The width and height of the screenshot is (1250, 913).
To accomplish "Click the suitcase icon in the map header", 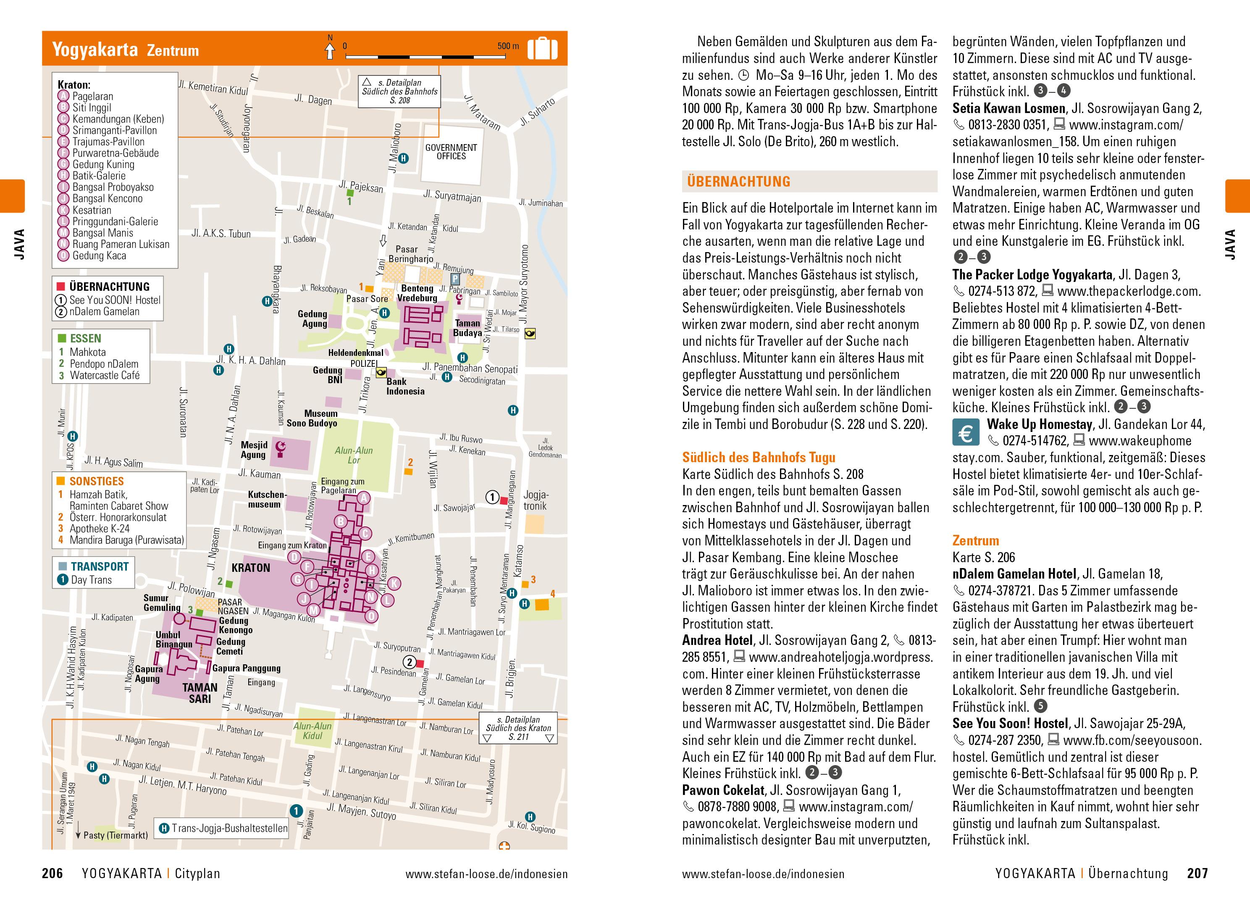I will click(542, 49).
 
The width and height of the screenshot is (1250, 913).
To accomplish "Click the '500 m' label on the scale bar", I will click(508, 46).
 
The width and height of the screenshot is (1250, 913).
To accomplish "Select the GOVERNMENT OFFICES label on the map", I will click(451, 152).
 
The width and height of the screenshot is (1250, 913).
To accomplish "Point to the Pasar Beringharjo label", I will click(410, 254).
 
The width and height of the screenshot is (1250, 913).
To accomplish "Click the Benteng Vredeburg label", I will click(417, 293).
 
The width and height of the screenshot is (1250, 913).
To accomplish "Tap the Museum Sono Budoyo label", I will click(312, 418).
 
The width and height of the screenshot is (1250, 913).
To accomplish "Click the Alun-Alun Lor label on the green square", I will click(354, 455).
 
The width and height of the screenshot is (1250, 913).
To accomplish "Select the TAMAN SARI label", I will click(200, 693).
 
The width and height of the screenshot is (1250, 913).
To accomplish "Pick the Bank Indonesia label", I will click(405, 386).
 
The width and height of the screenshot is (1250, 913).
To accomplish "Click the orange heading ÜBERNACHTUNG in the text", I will click(738, 181).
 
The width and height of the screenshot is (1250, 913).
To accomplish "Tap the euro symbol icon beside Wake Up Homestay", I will click(966, 433).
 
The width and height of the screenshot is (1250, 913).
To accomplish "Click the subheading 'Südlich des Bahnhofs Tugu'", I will click(759, 458).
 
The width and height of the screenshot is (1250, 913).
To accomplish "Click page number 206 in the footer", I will click(53, 873).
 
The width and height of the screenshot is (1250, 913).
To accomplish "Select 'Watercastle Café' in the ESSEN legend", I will click(105, 375).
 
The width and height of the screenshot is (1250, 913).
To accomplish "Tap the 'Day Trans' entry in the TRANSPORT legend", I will click(91, 580).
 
